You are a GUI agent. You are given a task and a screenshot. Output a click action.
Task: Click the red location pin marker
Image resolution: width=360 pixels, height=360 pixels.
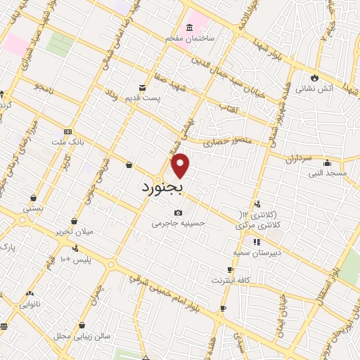[x=181, y=165]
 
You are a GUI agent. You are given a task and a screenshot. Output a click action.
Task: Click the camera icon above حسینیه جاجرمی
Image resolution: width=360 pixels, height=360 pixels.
[x=178, y=212]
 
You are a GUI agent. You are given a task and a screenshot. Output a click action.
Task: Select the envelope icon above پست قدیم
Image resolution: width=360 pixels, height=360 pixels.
[x=143, y=87]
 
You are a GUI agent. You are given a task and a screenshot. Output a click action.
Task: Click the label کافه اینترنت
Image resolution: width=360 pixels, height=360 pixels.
[x=230, y=281]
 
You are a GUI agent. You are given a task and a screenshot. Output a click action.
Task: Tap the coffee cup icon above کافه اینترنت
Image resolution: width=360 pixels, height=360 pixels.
[x=230, y=269]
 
